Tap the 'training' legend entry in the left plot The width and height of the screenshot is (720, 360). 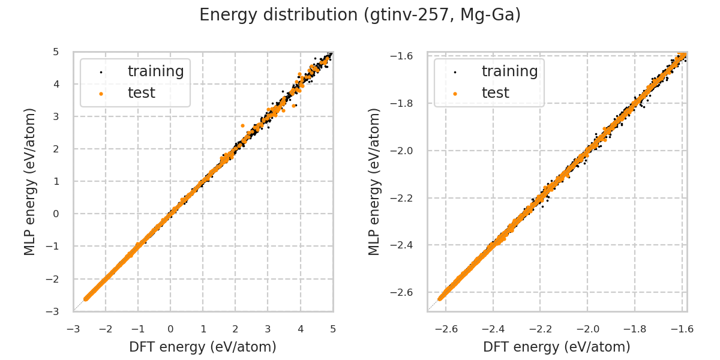(x=155, y=71)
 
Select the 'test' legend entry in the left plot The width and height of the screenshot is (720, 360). (x=141, y=93)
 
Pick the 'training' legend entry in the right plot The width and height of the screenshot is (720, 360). (x=509, y=71)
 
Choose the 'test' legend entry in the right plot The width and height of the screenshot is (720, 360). (x=495, y=93)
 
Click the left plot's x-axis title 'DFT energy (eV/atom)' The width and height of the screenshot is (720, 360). (x=203, y=347)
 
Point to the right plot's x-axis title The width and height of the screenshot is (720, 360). (x=557, y=347)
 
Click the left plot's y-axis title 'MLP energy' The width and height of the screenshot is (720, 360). (x=31, y=181)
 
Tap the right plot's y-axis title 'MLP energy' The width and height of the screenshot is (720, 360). (x=374, y=181)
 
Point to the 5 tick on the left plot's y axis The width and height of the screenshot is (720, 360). (x=56, y=52)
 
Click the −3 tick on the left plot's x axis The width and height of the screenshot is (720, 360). (x=73, y=329)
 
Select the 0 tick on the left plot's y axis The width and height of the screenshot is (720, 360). (x=56, y=214)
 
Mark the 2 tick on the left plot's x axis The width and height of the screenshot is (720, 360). (x=235, y=329)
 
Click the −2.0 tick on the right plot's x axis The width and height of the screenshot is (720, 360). (x=587, y=329)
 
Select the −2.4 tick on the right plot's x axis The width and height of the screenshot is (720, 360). (x=492, y=329)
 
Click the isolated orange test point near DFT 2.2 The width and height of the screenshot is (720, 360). (x=242, y=125)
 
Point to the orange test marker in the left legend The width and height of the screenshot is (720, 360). (x=101, y=94)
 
